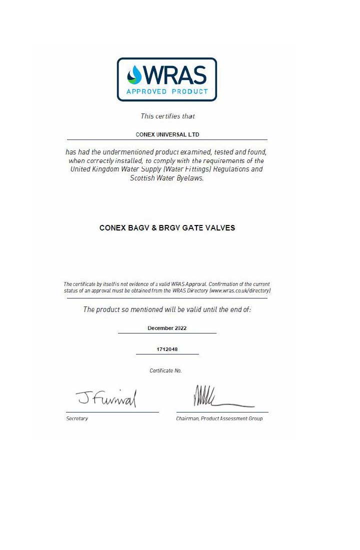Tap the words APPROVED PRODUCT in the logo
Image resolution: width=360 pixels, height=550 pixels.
pos(167,91)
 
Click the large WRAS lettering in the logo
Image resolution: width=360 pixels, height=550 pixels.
pos(174,75)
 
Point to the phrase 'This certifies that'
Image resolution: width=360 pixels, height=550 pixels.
pos(167,116)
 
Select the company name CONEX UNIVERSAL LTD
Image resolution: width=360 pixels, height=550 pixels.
pos(167,134)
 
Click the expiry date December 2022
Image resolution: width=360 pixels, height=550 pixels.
pos(167,328)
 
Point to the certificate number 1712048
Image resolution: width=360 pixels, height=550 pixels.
pos(167,349)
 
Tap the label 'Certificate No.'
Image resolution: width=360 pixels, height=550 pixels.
pos(165,371)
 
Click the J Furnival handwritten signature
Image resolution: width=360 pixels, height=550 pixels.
pos(106,398)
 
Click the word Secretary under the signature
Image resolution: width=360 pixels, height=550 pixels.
pos(77,418)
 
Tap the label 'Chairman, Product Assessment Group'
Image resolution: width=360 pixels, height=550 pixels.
pos(219,418)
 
